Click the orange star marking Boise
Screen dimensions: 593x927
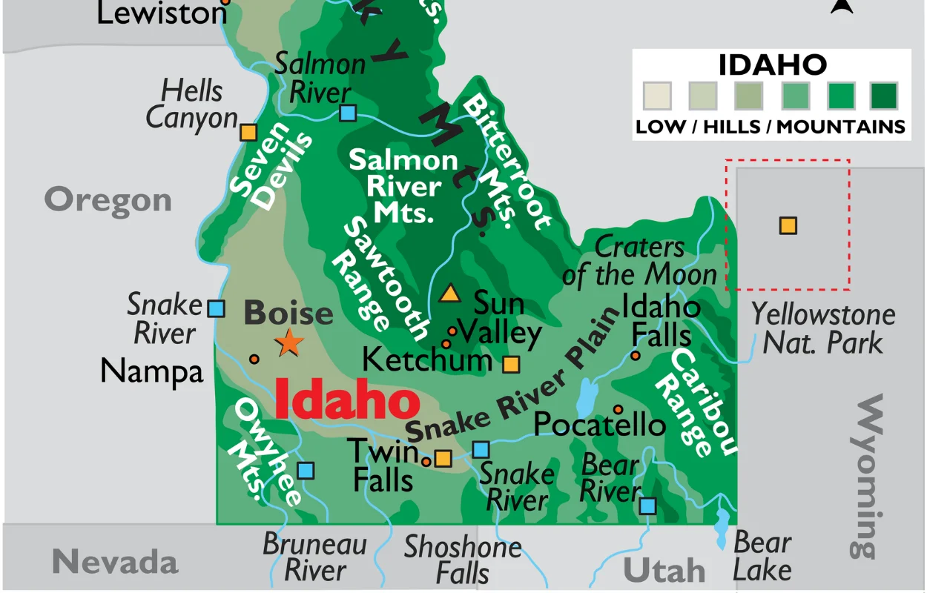tap(289, 343)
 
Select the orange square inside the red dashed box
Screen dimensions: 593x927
tap(788, 225)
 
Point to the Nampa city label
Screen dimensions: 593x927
tap(151, 371)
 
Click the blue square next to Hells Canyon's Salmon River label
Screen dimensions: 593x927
tap(348, 113)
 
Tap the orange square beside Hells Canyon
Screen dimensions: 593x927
tap(248, 133)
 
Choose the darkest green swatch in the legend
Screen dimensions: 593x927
tap(883, 96)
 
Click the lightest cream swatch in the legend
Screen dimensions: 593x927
tap(656, 96)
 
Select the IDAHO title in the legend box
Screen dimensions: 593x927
tap(772, 65)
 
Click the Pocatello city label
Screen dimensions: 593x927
tap(599, 425)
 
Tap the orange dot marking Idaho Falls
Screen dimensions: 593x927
tap(636, 356)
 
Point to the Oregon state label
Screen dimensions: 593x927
tap(108, 200)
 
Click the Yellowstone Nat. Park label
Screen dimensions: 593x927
tap(823, 328)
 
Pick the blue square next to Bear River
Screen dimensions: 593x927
tap(647, 506)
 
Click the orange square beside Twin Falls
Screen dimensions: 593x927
tap(443, 458)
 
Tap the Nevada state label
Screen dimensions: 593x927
tap(115, 562)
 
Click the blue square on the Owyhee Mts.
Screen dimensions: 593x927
tap(306, 470)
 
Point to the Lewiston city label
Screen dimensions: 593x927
tap(162, 13)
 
